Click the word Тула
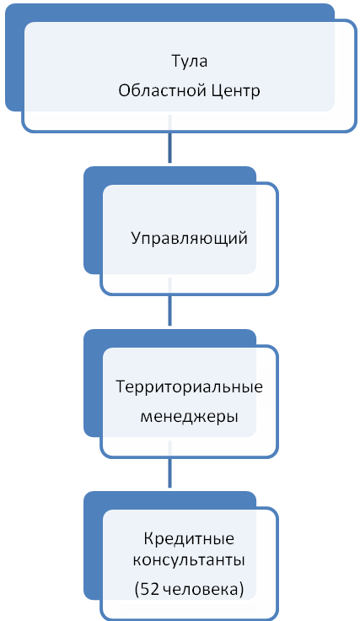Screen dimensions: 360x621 click(189, 62)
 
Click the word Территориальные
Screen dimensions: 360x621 click(189, 387)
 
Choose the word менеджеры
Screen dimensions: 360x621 click(189, 417)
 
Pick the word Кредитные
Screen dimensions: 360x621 click(189, 539)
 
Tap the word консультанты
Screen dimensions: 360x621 click(189, 561)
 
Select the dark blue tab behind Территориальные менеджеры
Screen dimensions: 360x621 click(93, 384)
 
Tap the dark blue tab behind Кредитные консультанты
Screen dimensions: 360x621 click(93, 547)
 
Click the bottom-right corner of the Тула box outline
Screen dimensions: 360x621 click(356, 131)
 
